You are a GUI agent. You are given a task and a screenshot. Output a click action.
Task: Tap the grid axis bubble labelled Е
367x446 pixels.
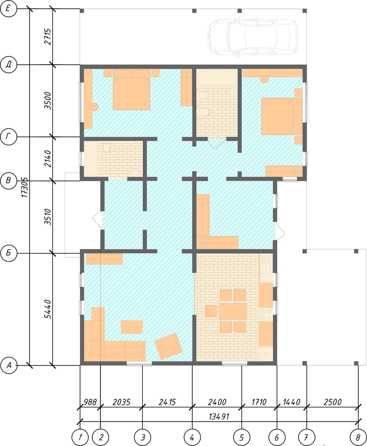point(9,9)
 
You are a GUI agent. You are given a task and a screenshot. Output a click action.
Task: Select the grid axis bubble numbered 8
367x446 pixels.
point(358,437)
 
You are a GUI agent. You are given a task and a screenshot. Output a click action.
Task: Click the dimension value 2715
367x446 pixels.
point(48,37)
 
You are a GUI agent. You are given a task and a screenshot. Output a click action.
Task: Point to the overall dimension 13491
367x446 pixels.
point(219,416)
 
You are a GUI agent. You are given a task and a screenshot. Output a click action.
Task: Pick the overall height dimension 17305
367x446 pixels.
point(25,187)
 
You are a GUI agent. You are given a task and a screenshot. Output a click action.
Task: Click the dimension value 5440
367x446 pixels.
point(48,309)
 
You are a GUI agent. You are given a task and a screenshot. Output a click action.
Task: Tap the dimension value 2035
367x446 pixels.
point(122,402)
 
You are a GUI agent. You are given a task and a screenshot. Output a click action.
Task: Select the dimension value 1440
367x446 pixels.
point(292,402)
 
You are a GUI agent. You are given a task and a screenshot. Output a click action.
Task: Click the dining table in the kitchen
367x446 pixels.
point(232,311)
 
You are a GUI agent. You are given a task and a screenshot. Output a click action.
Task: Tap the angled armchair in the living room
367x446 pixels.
point(168,346)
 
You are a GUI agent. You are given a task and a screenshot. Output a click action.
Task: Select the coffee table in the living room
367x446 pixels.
point(132,327)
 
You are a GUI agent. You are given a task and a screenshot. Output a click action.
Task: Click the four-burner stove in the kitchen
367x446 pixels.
point(266,314)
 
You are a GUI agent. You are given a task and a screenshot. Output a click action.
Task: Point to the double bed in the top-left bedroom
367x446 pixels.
point(132,89)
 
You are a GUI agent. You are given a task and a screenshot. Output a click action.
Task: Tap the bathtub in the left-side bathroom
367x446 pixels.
point(91,158)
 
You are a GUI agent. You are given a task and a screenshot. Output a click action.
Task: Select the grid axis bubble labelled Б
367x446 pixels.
point(9,253)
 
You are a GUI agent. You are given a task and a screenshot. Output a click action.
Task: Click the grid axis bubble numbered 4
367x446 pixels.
point(192,437)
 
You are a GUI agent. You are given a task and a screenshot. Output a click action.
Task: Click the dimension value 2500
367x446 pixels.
point(332,402)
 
